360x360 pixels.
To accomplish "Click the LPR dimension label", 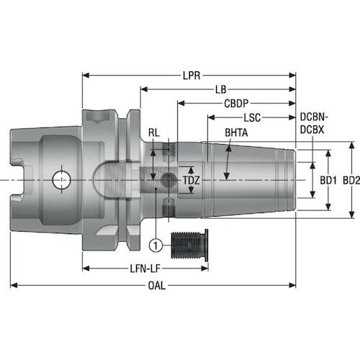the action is (x=192, y=76).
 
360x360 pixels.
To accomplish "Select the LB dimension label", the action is (x=221, y=89).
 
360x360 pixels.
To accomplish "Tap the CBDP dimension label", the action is (x=236, y=104).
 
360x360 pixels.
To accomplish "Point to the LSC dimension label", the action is (x=252, y=117).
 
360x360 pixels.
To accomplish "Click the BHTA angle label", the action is (x=236, y=132).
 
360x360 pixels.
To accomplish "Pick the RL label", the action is (x=154, y=132).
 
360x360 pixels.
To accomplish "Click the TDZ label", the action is (x=192, y=180).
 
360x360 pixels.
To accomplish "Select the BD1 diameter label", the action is (x=328, y=180).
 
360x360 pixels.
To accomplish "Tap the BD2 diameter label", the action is (x=351, y=180).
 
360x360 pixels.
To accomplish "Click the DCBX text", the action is (x=312, y=130).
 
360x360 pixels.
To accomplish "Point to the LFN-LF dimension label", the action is (x=145, y=269).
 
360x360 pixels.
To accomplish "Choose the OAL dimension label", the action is (x=157, y=286).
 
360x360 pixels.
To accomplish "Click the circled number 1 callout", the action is (x=156, y=246).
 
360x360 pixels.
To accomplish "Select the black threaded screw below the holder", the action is (x=189, y=246).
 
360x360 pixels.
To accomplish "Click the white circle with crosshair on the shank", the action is (x=61, y=180).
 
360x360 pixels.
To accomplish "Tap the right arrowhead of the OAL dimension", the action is (x=292, y=285).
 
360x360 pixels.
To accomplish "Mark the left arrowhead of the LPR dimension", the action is (x=86, y=76).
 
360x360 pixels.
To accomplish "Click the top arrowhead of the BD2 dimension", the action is (x=351, y=145).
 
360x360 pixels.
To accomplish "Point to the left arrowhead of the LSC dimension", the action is (x=211, y=117).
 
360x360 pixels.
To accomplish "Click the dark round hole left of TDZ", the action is (x=167, y=180).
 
